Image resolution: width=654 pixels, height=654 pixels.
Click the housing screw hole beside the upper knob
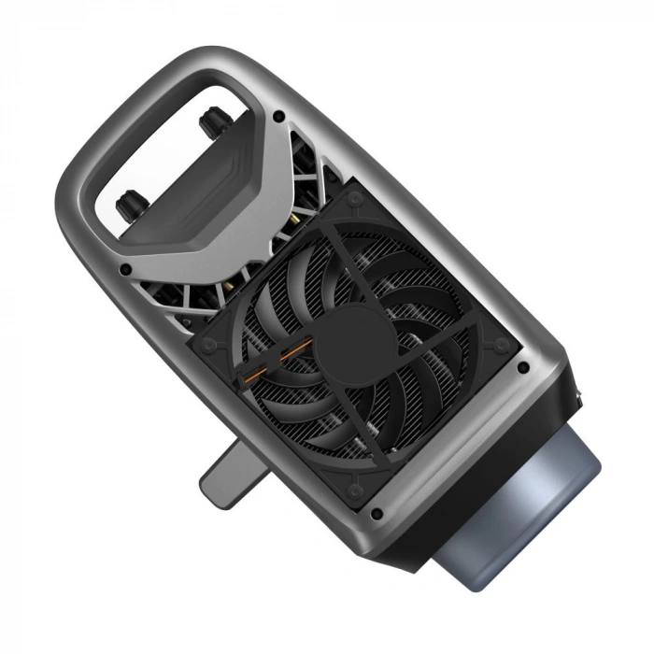277,117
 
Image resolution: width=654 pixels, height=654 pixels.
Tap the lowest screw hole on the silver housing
376,514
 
